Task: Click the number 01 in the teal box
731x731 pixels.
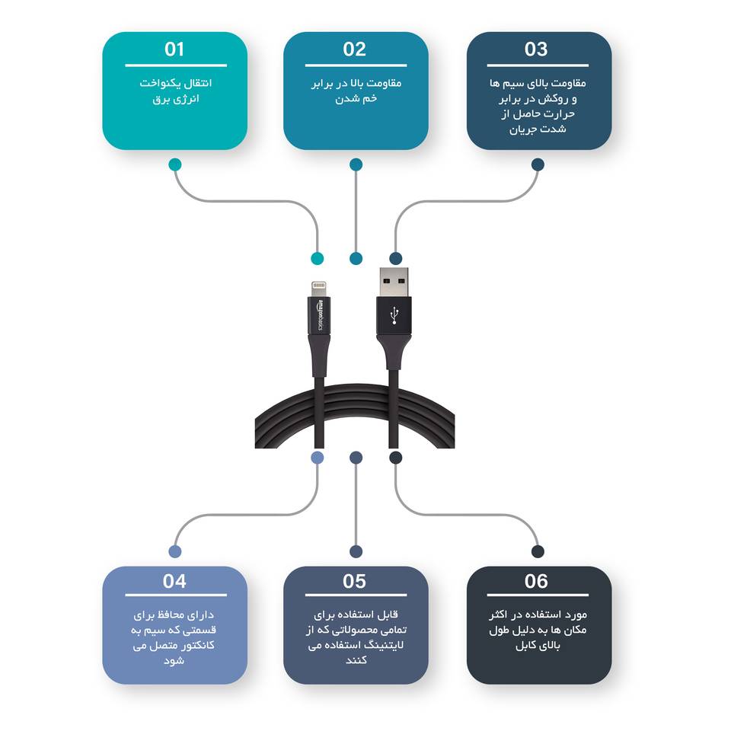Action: coord(174,49)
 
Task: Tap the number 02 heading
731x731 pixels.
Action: coord(354,49)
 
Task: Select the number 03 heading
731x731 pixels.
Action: coord(536,49)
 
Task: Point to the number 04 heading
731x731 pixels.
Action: coord(174,581)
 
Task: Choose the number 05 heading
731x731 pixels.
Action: coord(354,581)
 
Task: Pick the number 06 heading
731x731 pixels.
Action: coord(536,581)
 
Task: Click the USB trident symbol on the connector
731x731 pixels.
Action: coord(394,315)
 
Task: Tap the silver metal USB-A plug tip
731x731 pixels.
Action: coord(394,282)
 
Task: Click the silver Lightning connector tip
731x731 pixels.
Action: coord(319,289)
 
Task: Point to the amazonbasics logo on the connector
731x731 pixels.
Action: coord(319,315)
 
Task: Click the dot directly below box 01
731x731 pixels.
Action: coord(175,164)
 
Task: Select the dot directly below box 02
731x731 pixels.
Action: coord(356,164)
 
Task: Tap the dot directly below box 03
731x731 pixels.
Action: coord(538,164)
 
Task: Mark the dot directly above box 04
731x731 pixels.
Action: coord(175,551)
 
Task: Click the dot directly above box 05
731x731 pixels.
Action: coord(356,551)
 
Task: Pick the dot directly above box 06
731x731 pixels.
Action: coord(538,551)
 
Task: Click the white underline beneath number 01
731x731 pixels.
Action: coord(176,65)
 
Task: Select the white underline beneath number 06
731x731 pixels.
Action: coord(538,595)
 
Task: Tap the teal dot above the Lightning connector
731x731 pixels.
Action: coord(318,258)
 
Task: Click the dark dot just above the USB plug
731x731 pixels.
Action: coord(395,258)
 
